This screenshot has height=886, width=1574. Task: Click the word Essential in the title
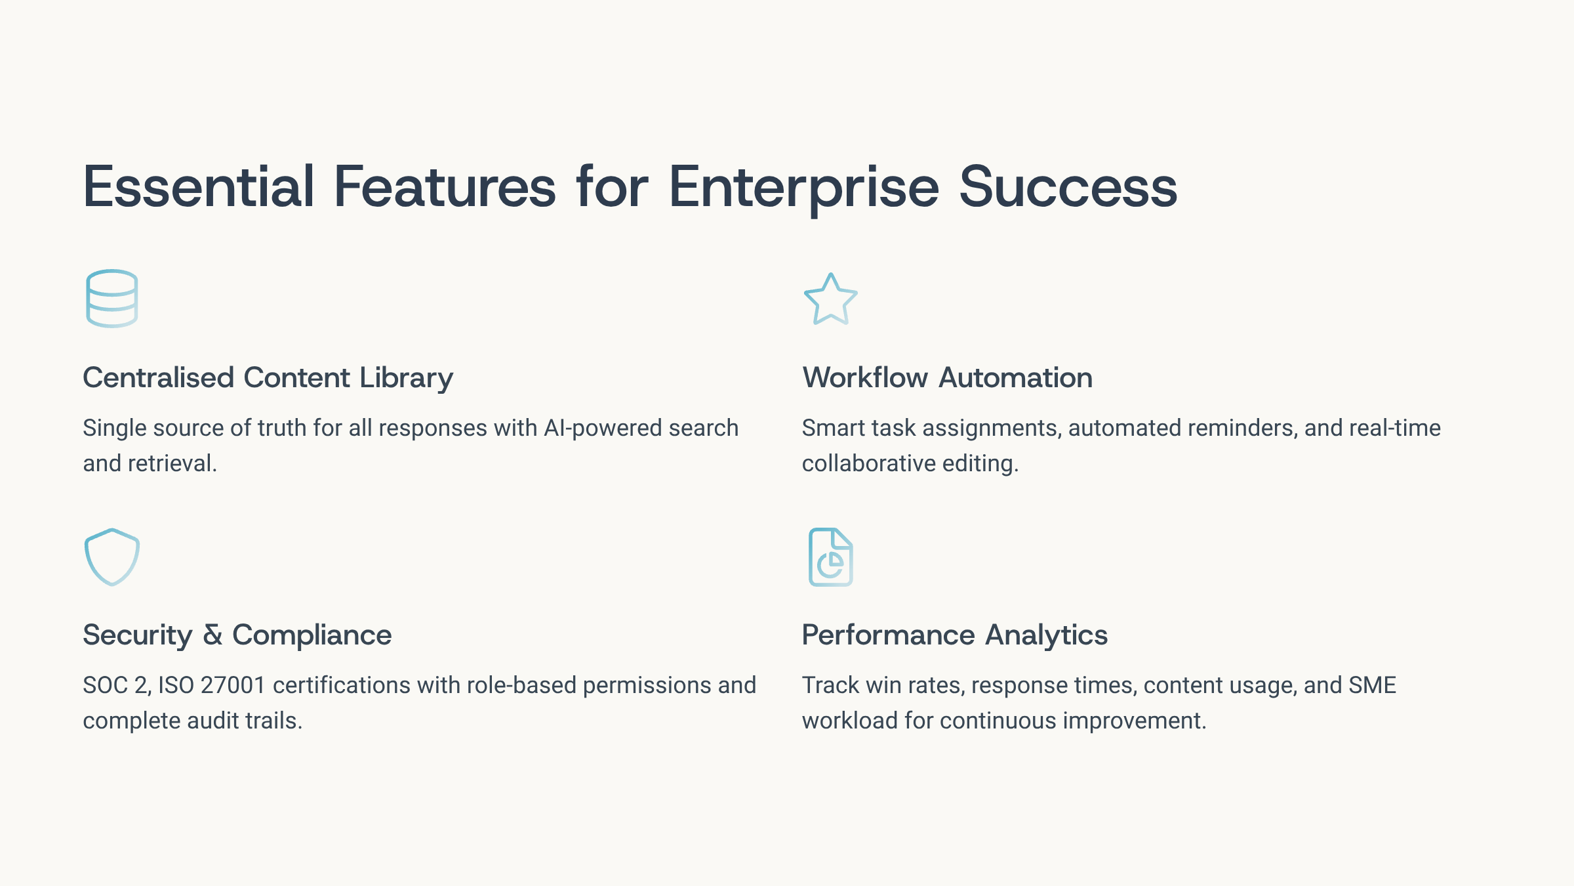point(199,187)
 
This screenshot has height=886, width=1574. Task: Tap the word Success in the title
point(1068,187)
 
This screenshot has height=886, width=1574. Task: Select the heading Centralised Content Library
point(268,379)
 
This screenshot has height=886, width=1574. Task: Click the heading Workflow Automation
point(947,378)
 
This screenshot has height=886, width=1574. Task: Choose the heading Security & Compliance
point(237,636)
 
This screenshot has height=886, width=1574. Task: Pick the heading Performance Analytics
point(954,636)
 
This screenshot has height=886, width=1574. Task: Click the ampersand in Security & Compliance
point(212,635)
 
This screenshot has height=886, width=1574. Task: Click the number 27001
point(233,685)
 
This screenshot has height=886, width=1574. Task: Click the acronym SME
point(1373,685)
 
